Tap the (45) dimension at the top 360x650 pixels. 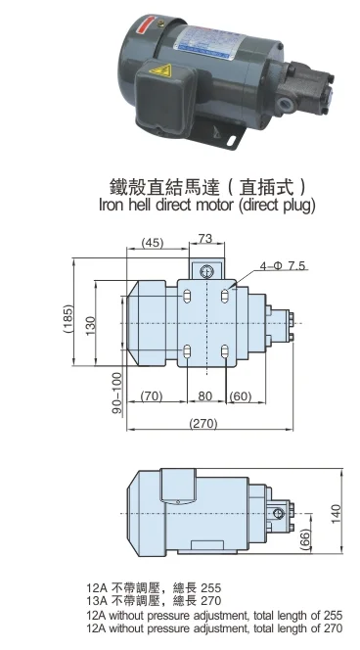(153, 243)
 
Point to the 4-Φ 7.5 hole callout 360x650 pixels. (284, 265)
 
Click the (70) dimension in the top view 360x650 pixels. (150, 396)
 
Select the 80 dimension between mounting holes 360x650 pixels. (204, 396)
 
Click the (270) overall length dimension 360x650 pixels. (202, 422)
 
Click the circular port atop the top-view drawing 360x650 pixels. (205, 270)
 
